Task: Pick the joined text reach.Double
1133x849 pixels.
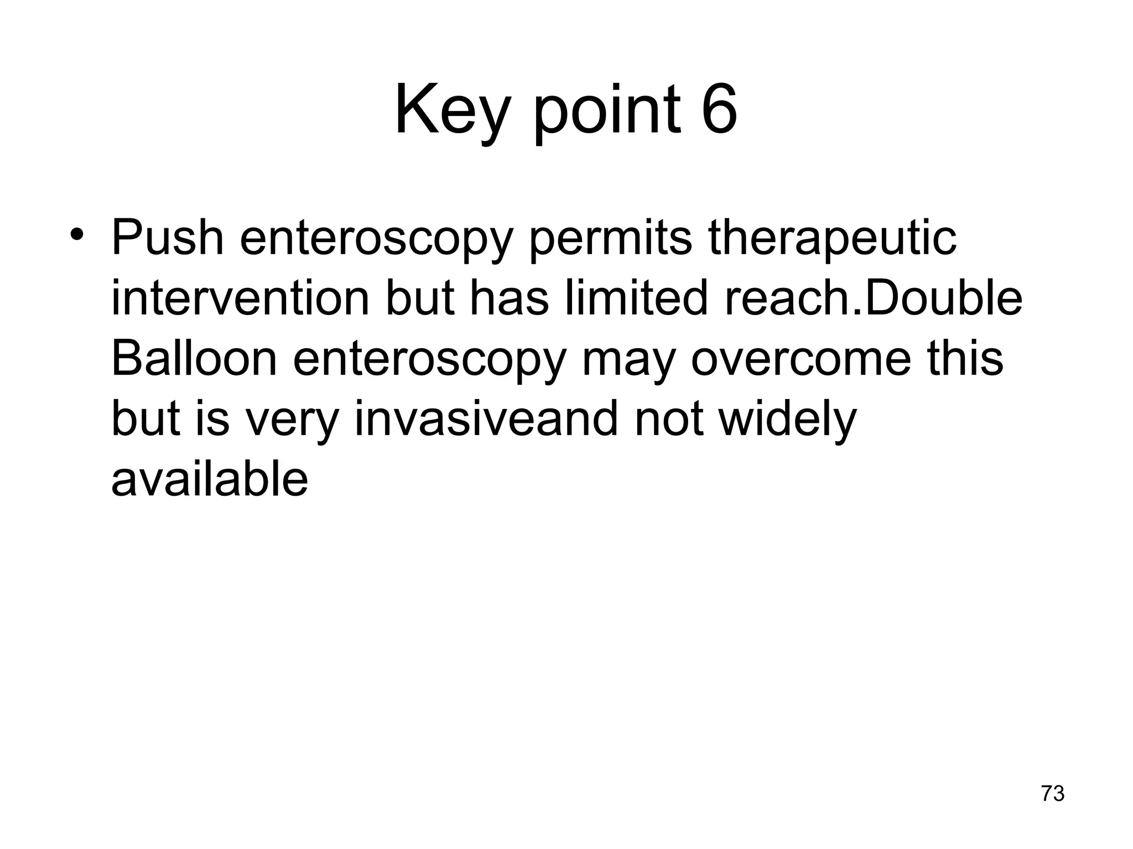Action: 874,298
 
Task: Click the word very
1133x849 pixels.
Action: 292,420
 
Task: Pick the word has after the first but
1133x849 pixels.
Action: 509,298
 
